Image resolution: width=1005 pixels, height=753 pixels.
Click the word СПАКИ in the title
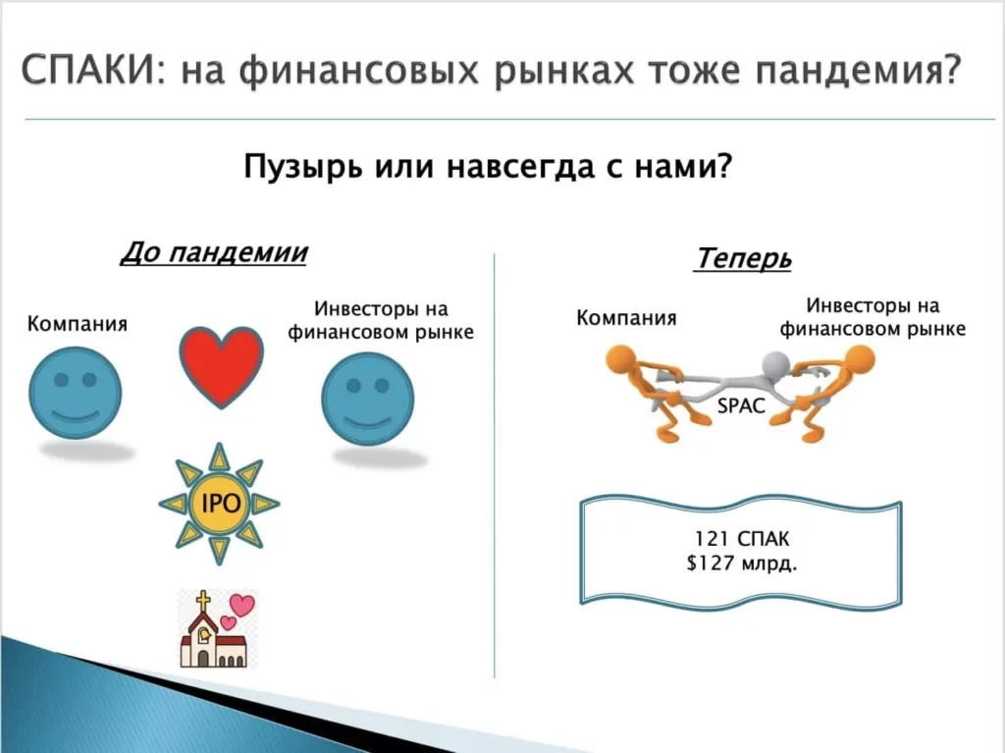coord(86,70)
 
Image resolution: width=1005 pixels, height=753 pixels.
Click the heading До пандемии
coord(214,252)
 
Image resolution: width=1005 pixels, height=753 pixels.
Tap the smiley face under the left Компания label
coord(76,393)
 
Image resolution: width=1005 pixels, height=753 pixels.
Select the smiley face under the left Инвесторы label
coord(367,399)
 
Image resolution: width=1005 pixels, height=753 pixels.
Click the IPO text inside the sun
coord(221,504)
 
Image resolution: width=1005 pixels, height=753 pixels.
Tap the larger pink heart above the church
coord(242,604)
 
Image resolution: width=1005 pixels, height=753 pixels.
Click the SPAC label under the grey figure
coord(741,405)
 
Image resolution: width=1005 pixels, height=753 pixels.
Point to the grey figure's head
coord(775,365)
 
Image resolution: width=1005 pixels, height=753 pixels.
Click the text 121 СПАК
coord(742,539)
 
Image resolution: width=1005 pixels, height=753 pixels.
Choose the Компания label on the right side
coord(626,318)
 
